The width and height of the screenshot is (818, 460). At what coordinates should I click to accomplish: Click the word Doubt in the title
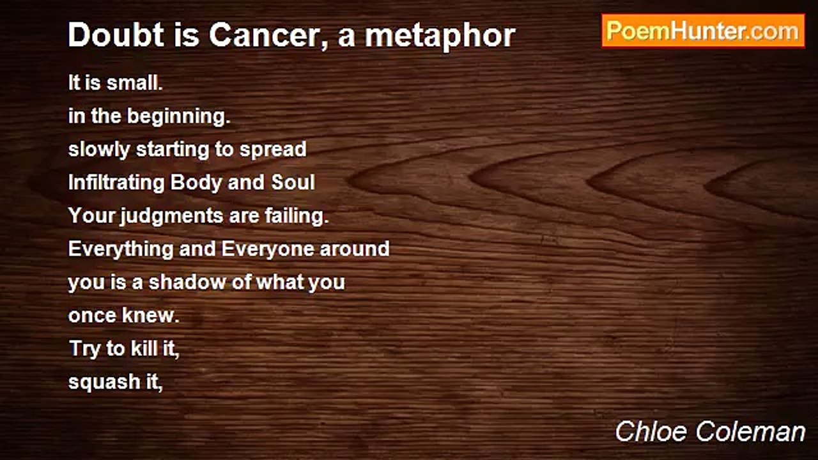(x=116, y=35)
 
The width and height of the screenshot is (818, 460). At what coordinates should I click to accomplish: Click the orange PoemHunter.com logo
(x=703, y=31)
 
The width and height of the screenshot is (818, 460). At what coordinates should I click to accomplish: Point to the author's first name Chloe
(x=652, y=431)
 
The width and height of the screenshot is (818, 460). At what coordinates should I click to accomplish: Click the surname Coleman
(x=751, y=431)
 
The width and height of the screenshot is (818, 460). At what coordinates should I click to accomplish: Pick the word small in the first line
(x=134, y=82)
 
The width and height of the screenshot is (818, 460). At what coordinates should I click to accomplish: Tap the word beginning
(x=178, y=117)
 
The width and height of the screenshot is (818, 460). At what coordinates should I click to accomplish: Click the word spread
(x=273, y=150)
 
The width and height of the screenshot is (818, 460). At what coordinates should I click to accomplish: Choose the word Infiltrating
(x=116, y=183)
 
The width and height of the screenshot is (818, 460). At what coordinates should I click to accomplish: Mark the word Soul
(x=293, y=182)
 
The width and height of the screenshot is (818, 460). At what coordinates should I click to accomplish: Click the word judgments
(x=171, y=216)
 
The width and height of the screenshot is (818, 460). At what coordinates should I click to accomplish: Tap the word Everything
(x=121, y=249)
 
